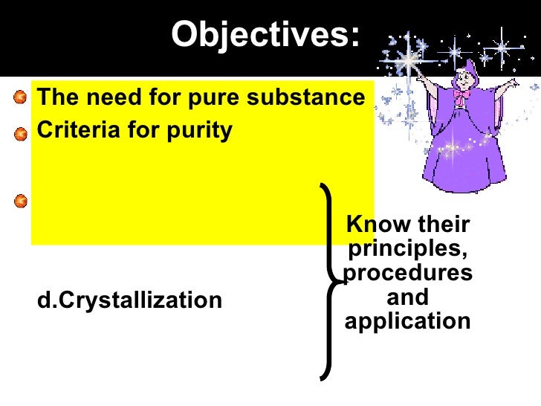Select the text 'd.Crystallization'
129,300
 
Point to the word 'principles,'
408,248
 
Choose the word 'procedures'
408,273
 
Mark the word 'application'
408,321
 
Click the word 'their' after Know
444,224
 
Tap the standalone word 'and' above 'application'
408,297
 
